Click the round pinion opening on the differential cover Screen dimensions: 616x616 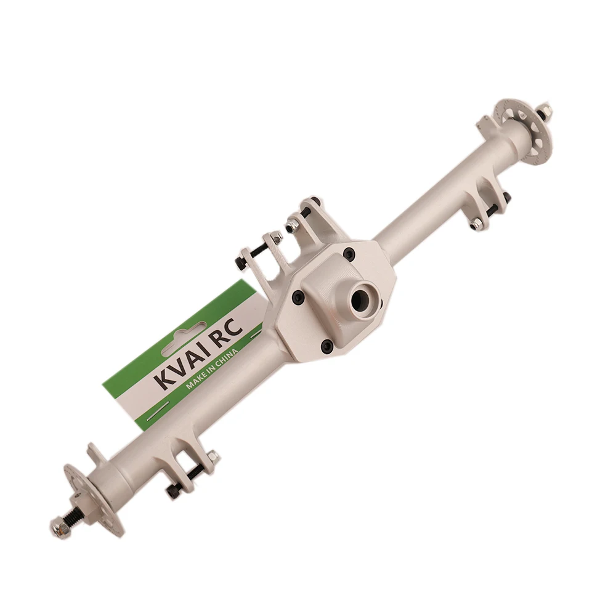360,301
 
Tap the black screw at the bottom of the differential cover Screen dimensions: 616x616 327,346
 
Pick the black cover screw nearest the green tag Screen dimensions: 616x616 298,298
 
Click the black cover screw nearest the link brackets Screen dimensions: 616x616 349,254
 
